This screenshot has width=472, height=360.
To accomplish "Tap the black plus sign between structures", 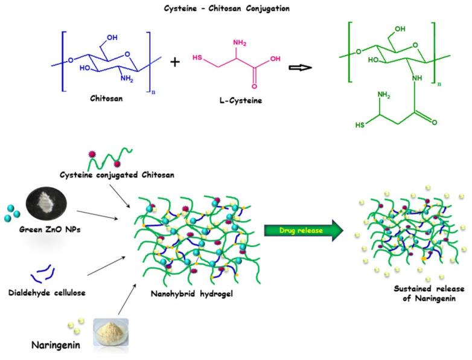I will pos(175,62).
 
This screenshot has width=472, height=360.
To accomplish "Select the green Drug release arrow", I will pos(301,230).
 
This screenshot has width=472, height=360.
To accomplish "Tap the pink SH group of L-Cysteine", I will pos(197,58).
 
